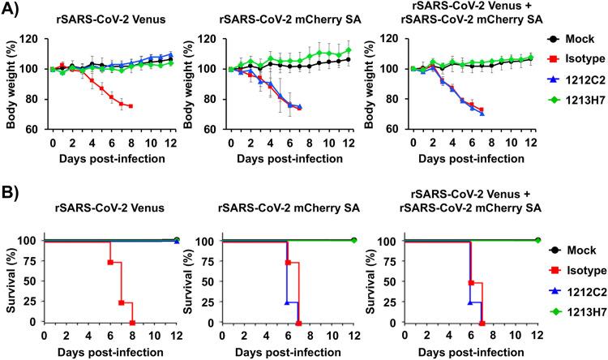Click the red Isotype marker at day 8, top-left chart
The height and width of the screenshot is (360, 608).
pyautogui.click(x=131, y=106)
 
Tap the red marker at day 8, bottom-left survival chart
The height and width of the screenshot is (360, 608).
pyautogui.click(x=131, y=321)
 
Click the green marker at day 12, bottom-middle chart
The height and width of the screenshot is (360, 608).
pyautogui.click(x=354, y=241)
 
